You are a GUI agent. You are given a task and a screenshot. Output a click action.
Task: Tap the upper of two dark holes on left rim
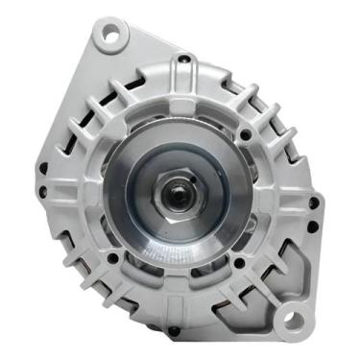[x=42, y=170]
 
